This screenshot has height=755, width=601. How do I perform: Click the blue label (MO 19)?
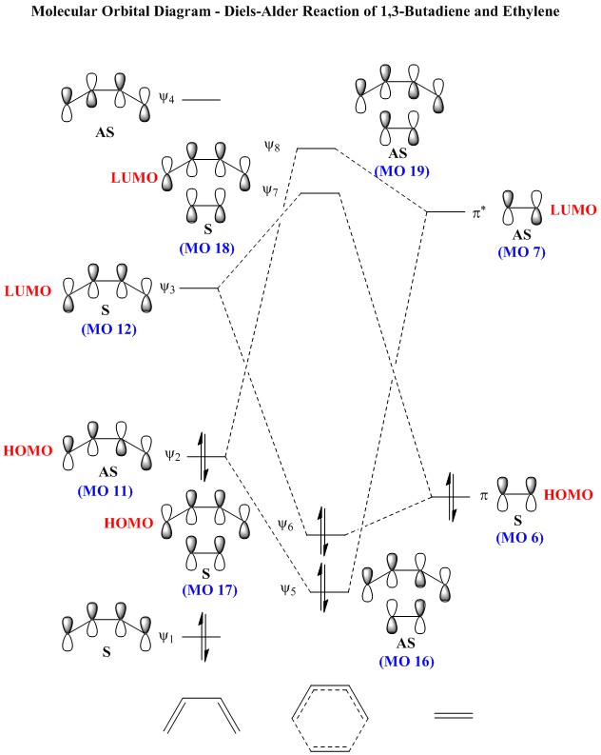pyautogui.click(x=402, y=171)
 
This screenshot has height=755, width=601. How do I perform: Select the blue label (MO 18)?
pyautogui.click(x=206, y=248)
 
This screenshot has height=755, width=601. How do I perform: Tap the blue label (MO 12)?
pyautogui.click(x=109, y=329)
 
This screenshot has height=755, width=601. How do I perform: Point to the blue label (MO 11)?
pyautogui.click(x=106, y=490)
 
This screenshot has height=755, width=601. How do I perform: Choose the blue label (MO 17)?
pyautogui.click(x=209, y=590)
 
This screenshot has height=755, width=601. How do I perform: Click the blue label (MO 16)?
pyautogui.click(x=407, y=661)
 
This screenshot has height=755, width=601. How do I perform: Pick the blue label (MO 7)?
pyautogui.click(x=522, y=252)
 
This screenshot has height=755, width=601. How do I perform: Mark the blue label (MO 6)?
pyautogui.click(x=520, y=537)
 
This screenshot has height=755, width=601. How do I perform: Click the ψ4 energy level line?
pyautogui.click(x=201, y=100)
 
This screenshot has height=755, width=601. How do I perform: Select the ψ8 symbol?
pyautogui.click(x=272, y=146)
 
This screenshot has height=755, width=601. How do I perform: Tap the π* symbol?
pyautogui.click(x=478, y=213)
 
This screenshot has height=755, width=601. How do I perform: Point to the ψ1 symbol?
pyautogui.click(x=166, y=638)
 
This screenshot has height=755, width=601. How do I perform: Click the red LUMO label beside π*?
pyautogui.click(x=573, y=210)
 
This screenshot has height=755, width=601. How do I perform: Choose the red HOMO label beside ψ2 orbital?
pyautogui.click(x=28, y=450)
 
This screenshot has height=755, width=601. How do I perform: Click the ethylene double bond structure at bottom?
pyautogui.click(x=454, y=715)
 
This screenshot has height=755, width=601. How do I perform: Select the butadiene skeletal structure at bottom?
pyautogui.click(x=202, y=715)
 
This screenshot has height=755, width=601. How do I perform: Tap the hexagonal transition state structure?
pyautogui.click(x=330, y=718)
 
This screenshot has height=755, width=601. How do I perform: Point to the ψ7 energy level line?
pyautogui.click(x=320, y=193)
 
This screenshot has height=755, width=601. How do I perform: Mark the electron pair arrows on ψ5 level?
pyautogui.click(x=322, y=587)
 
